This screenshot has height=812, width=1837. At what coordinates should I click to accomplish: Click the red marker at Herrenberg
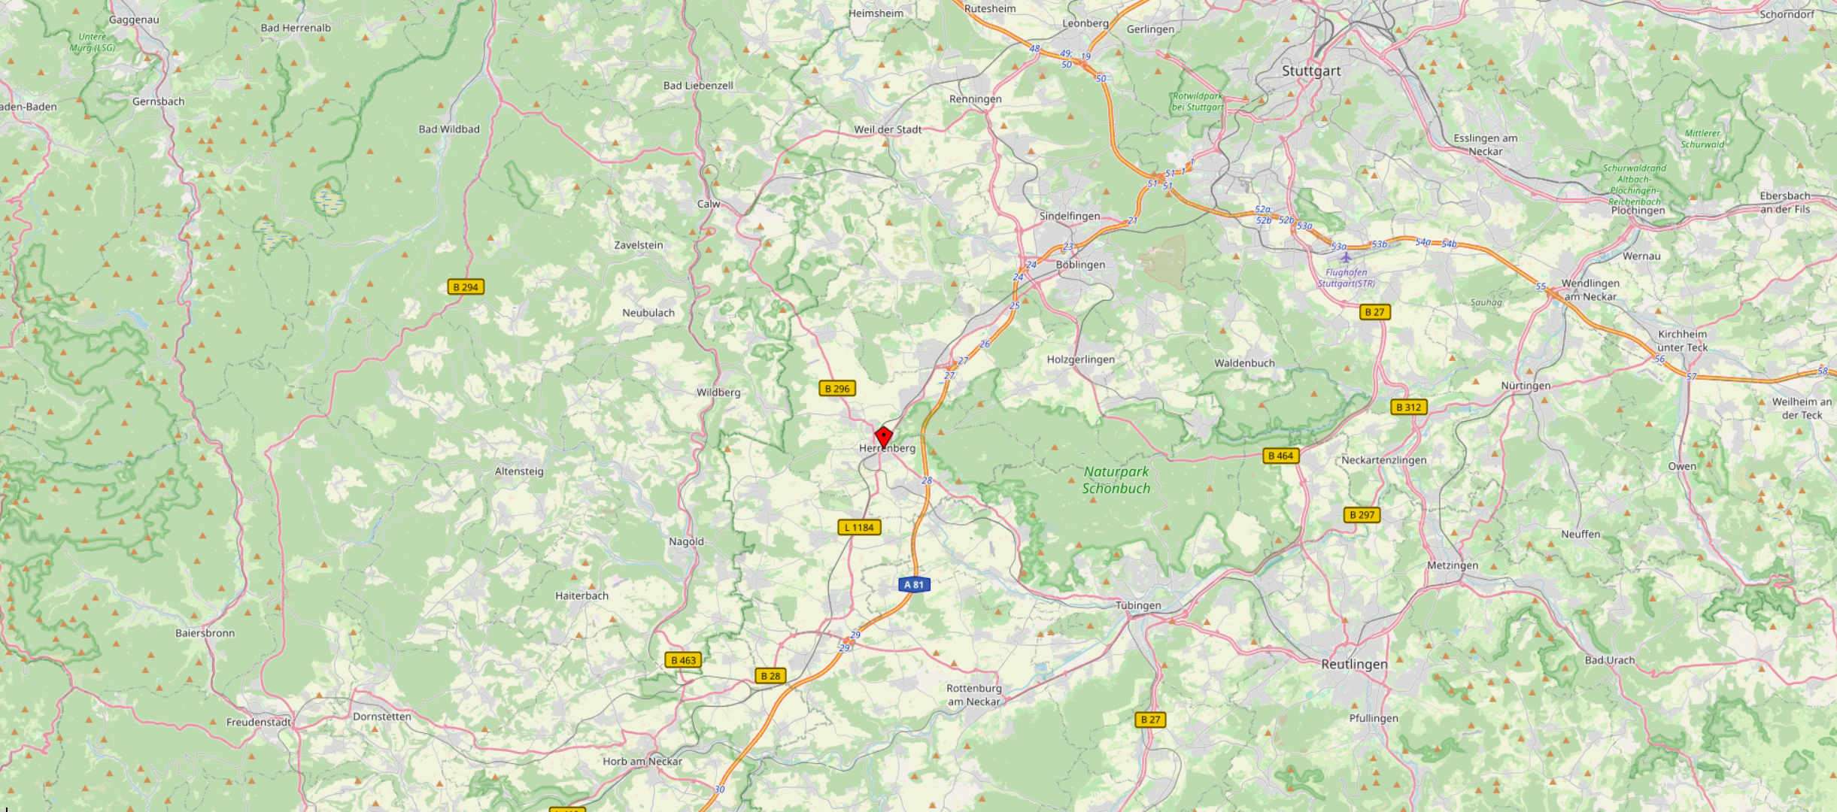(x=883, y=436)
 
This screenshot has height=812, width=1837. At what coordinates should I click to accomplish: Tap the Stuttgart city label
(x=1310, y=71)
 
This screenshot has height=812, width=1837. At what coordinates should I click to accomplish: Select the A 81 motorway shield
(x=914, y=584)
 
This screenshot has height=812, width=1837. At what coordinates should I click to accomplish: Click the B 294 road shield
(x=466, y=287)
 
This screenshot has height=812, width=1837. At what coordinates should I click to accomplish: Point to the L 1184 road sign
(x=859, y=527)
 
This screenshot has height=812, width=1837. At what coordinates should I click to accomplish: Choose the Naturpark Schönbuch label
(x=1116, y=480)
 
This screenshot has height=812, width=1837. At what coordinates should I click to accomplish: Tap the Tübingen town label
(x=1137, y=605)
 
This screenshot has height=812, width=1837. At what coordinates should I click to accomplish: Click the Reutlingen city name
(x=1354, y=665)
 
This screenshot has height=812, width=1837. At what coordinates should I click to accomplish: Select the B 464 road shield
(x=1280, y=456)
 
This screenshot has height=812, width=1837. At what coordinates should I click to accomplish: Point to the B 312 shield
(x=1408, y=408)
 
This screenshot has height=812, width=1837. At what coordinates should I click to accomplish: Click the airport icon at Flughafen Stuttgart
(x=1346, y=258)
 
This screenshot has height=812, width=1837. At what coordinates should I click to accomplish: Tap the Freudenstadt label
(x=258, y=722)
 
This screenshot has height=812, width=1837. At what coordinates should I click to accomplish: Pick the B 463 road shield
(x=683, y=660)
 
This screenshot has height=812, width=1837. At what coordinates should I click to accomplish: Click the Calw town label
(x=708, y=204)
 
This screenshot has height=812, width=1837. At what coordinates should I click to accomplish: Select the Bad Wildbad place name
(x=449, y=129)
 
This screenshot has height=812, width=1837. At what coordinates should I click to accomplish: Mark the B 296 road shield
(x=837, y=389)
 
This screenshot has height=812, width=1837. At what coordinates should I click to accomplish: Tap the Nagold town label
(x=686, y=541)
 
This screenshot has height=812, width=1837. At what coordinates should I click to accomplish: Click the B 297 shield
(x=1362, y=515)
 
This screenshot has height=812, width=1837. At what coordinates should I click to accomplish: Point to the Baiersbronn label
(x=205, y=633)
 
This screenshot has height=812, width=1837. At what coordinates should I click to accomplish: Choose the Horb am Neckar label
(x=642, y=761)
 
